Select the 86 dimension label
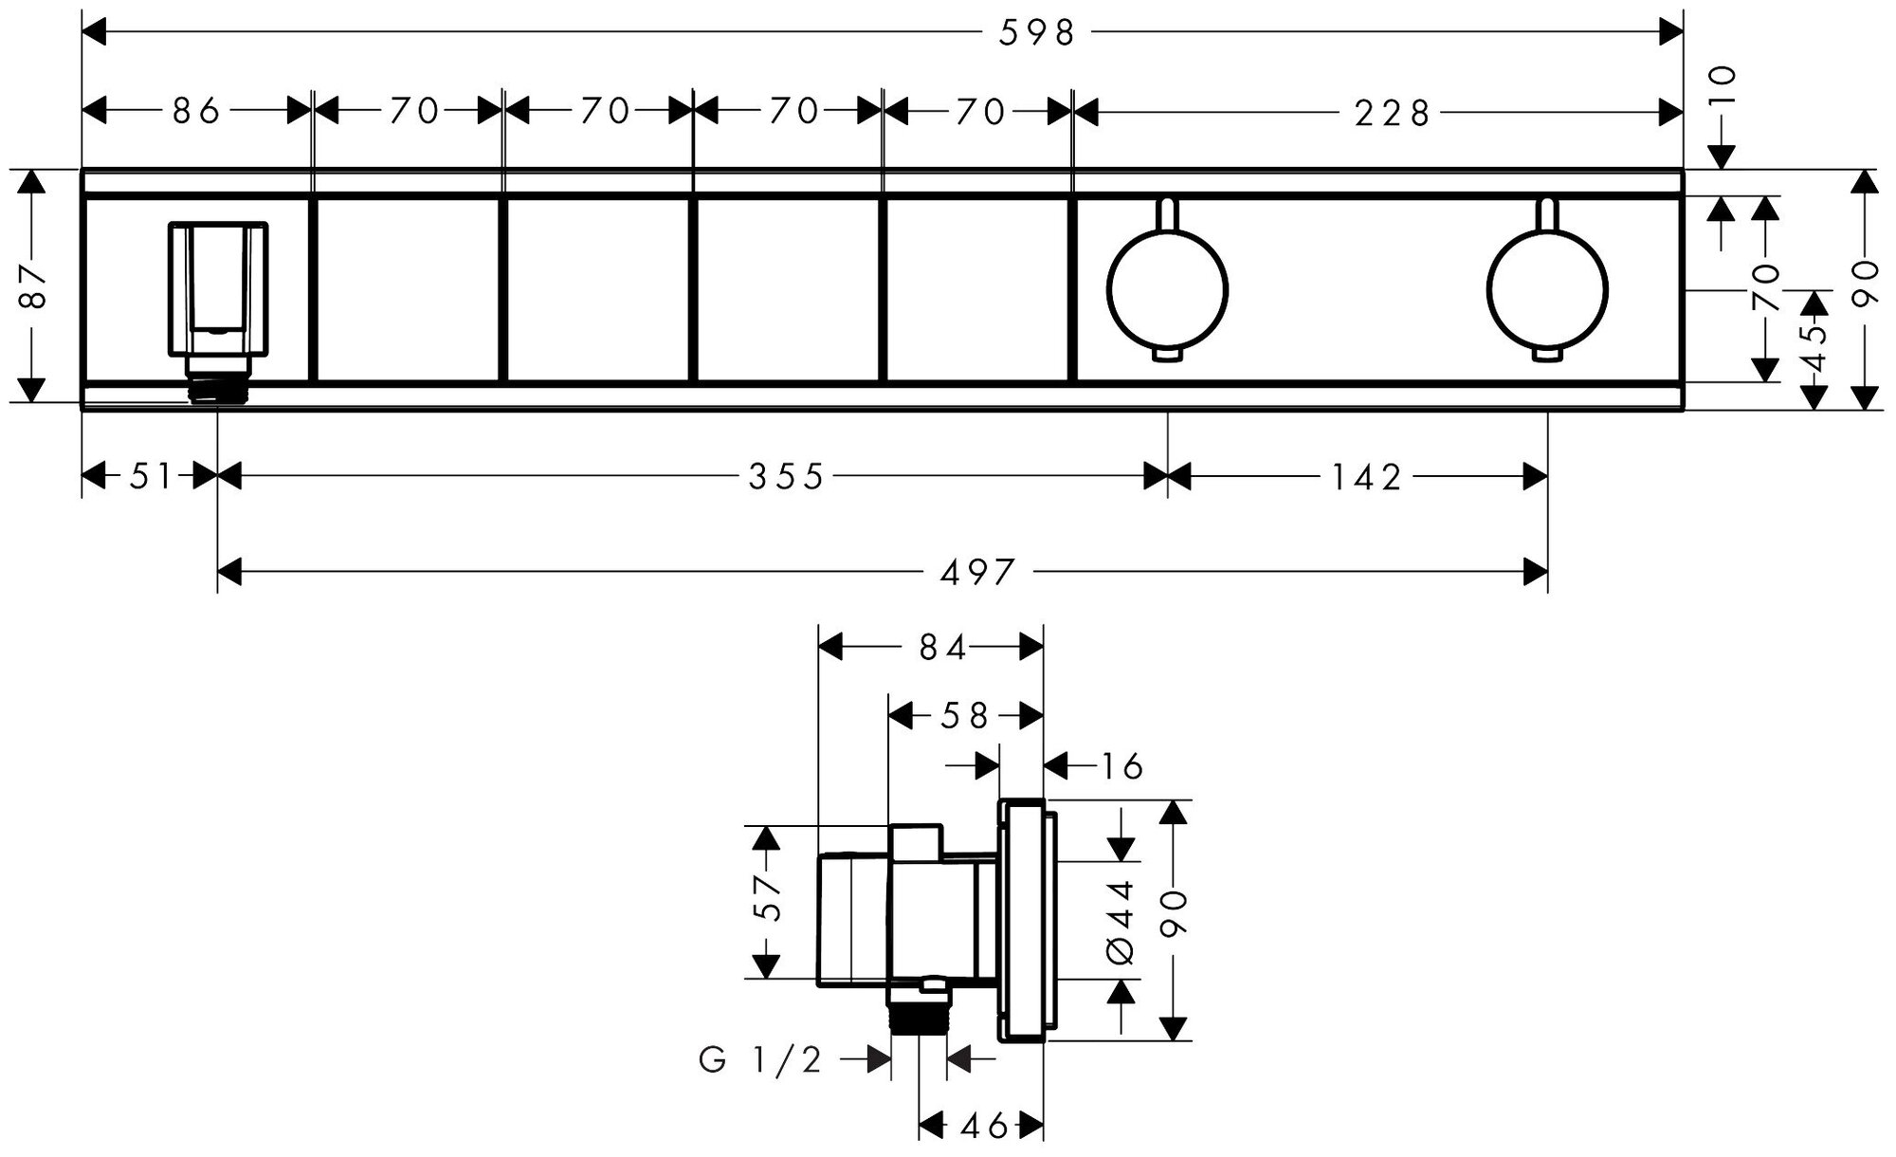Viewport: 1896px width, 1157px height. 196,111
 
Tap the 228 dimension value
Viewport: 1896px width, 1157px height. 1392,114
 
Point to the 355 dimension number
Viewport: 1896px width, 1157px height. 787,477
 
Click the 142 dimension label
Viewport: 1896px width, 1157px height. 1366,477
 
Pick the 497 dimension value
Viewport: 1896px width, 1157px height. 978,572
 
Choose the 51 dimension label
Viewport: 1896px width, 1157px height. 150,476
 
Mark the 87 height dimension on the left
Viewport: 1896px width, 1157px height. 33,285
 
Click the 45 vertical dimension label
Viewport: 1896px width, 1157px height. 1814,348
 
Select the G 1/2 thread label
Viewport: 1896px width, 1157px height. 760,1059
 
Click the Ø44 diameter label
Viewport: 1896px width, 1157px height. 1121,921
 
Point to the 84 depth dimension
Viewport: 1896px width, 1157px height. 942,648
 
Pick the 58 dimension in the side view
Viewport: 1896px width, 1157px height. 965,715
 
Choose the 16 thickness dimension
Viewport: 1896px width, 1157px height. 1121,765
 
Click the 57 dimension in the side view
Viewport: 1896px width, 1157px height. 767,897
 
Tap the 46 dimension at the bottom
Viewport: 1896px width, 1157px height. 983,1126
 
